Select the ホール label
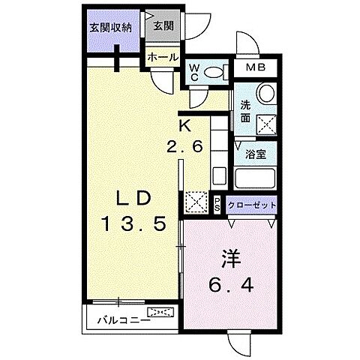coord(162,57)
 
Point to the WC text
coord(192,71)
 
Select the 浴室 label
coord(256,155)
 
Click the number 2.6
coord(185,147)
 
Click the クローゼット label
coord(252,205)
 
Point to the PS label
coord(217,205)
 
